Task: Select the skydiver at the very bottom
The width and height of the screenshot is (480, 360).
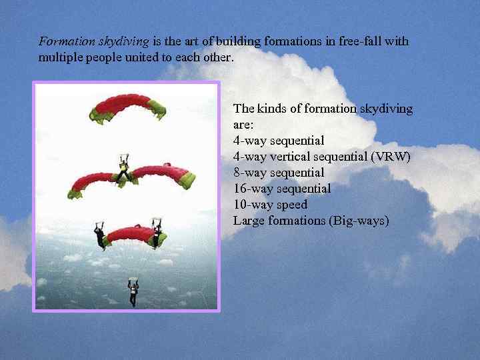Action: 133,292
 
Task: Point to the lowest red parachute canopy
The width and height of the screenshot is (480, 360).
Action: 129,235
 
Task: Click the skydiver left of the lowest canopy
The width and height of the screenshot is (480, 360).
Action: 100,236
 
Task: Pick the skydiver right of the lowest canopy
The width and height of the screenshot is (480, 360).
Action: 157,233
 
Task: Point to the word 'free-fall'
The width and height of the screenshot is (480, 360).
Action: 363,41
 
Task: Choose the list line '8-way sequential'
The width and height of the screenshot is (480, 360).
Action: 279,173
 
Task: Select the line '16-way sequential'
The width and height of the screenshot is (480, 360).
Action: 282,189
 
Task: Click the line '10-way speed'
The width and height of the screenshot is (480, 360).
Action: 270,205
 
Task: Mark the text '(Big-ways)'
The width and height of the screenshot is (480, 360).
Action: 359,221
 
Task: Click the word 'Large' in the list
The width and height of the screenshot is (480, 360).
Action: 249,221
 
